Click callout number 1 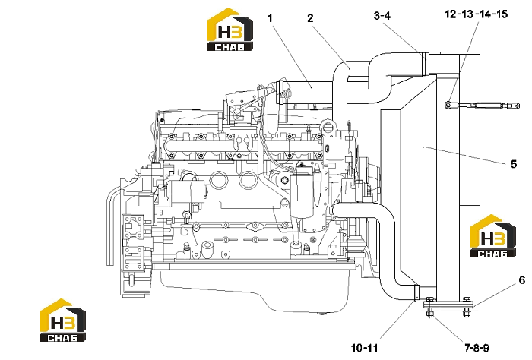coord(270,18)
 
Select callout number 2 coord(310,18)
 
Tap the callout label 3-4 coord(382,16)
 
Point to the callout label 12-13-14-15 coord(476,14)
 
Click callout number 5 coord(514,164)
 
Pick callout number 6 coord(522,280)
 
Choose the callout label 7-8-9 coord(477,348)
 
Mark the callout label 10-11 coord(364,348)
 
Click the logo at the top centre coord(230,30)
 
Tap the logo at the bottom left coord(63,321)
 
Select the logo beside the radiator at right coord(493,236)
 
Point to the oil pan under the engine coord(255,288)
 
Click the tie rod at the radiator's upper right coord(482,106)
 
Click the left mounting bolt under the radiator coord(429,307)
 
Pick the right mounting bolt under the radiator coord(467,307)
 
